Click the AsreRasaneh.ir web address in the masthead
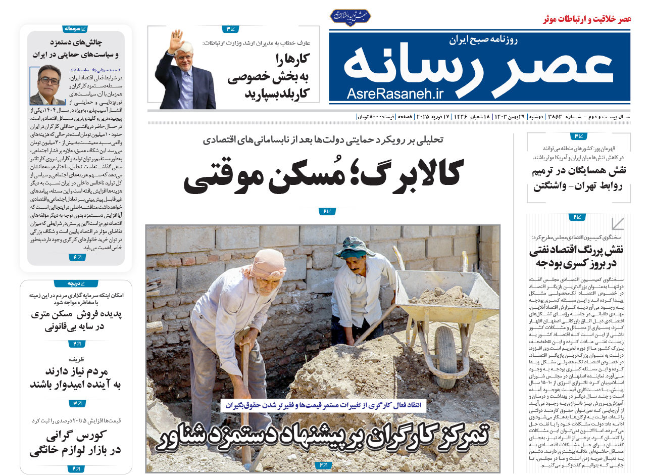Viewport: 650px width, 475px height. point(394,93)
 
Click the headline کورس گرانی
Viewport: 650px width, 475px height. point(76,443)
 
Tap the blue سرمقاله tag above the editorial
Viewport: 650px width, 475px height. point(75,29)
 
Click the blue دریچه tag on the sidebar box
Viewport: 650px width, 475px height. point(76,283)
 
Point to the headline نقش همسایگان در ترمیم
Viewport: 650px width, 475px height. point(580,178)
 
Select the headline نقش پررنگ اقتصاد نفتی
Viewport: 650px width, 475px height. point(577,256)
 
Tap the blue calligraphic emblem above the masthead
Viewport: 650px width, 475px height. point(350,16)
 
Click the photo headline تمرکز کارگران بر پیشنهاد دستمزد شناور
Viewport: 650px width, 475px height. point(323,438)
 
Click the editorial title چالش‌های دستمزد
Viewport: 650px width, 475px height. point(76,48)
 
